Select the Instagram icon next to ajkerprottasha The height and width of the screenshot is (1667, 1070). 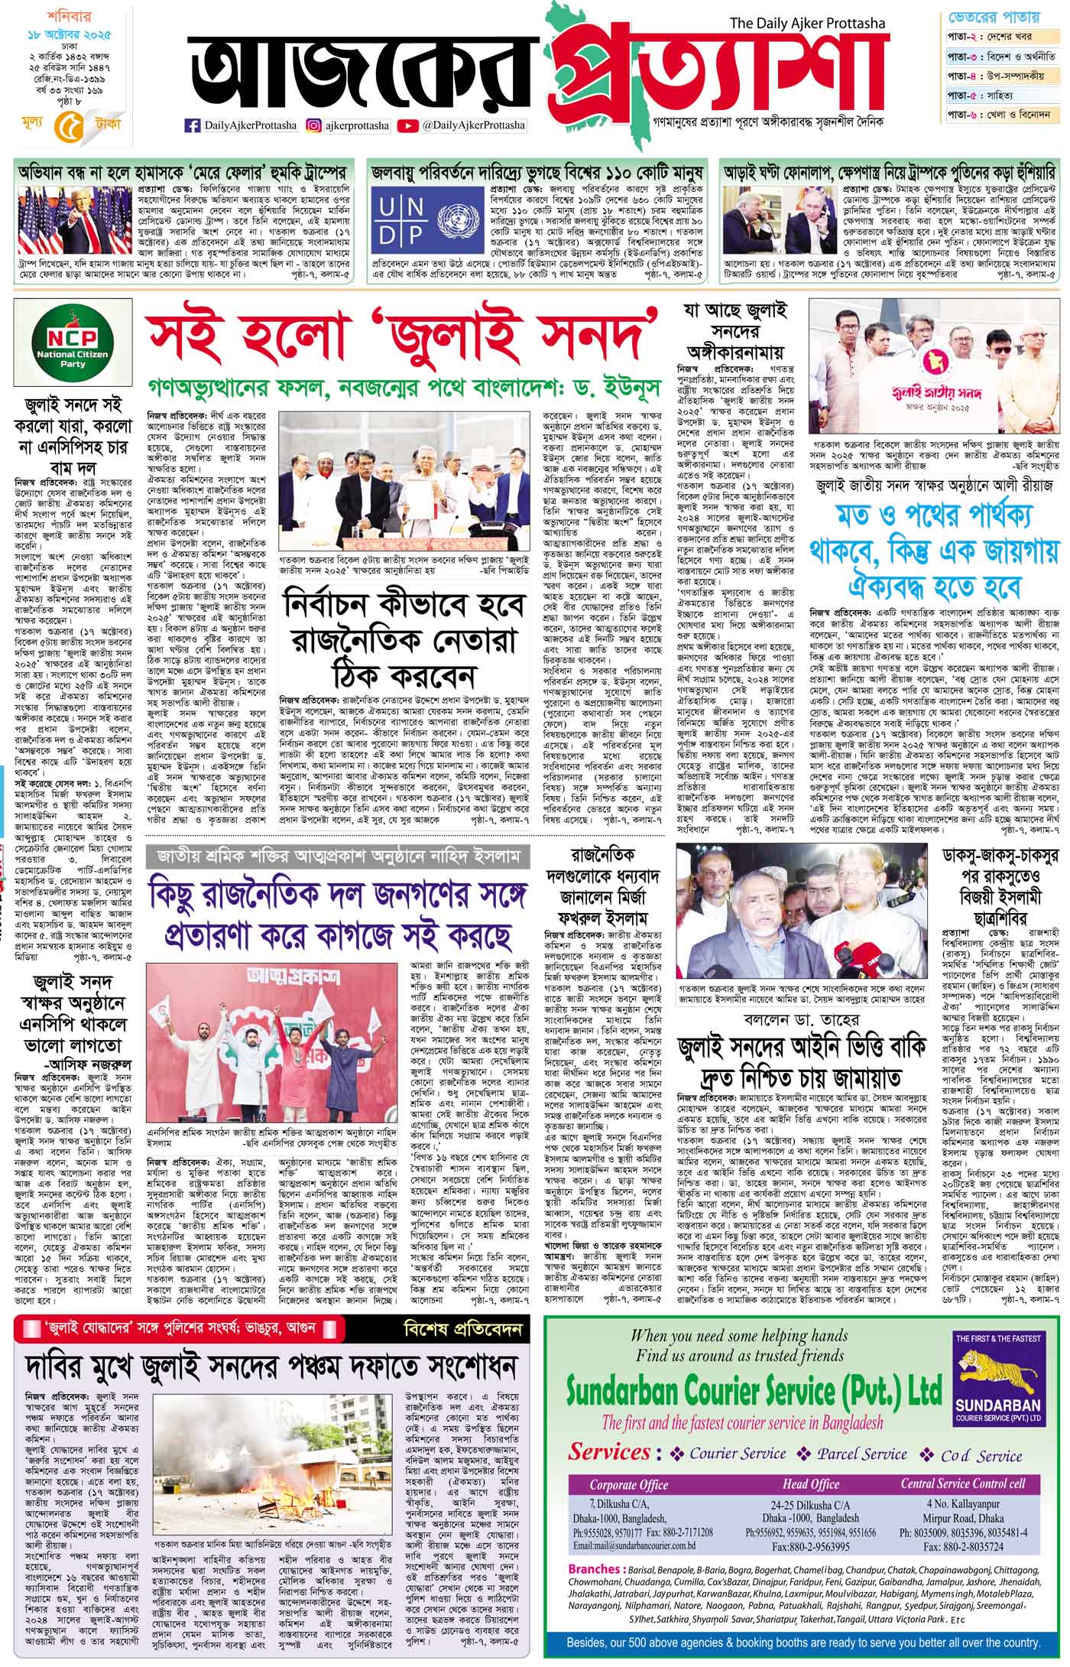click(x=313, y=125)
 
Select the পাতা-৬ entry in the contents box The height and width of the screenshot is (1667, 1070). click(x=965, y=115)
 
